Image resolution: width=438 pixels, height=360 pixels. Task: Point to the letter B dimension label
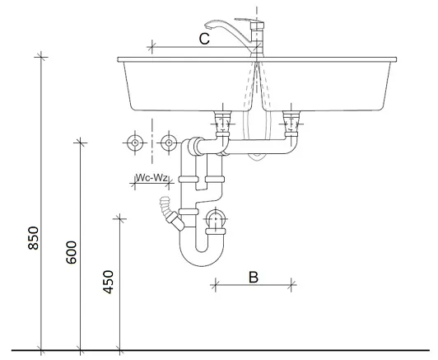[254, 276]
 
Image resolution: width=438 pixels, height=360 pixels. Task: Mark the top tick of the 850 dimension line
[40, 57]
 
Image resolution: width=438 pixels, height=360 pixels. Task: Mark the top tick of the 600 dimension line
[80, 143]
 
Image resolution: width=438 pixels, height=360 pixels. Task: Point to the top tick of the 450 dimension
[119, 217]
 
